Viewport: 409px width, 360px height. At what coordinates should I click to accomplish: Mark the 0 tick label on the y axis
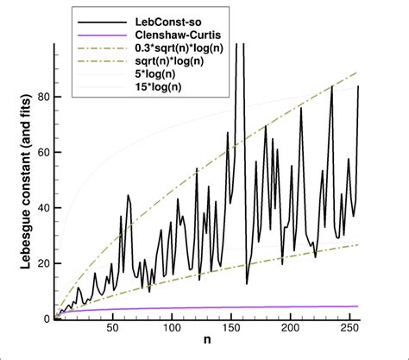pos(47,319)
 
